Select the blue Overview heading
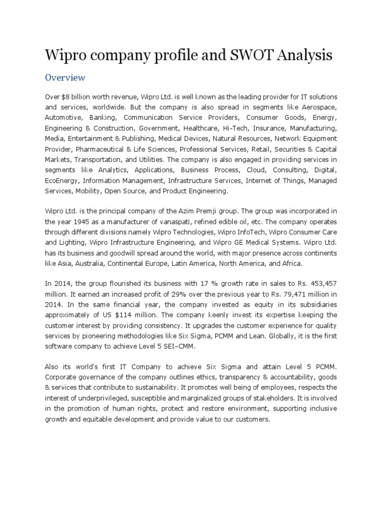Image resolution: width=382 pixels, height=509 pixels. (65, 78)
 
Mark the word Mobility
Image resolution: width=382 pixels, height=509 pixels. (89, 191)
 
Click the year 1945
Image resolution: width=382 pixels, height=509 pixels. (90, 222)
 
